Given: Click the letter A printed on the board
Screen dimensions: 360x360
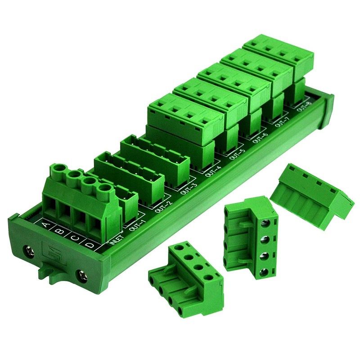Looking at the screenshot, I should pyautogui.click(x=45, y=224).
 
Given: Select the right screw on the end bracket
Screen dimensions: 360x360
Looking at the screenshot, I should pyautogui.click(x=84, y=274).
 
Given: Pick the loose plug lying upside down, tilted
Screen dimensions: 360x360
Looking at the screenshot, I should pyautogui.click(x=312, y=191).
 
